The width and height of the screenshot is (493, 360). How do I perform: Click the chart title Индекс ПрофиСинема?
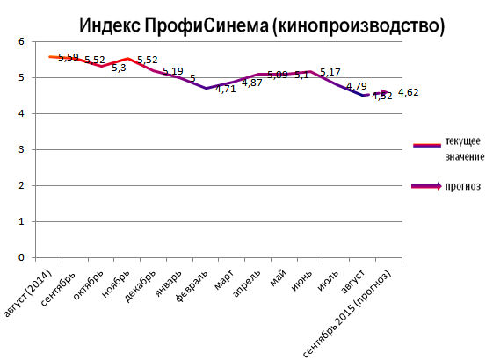coord(258,24)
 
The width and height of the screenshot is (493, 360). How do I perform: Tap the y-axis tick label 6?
coord(21,41)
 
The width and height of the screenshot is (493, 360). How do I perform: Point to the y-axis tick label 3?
coord(21,149)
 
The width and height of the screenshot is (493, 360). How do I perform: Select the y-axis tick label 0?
coord(21,257)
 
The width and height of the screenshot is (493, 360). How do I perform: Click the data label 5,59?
coord(69,57)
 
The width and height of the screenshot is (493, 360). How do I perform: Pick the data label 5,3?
coord(120,68)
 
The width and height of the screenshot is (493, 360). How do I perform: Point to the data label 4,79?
coord(356,86)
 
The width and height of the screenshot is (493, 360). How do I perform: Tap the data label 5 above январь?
coord(192,78)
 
